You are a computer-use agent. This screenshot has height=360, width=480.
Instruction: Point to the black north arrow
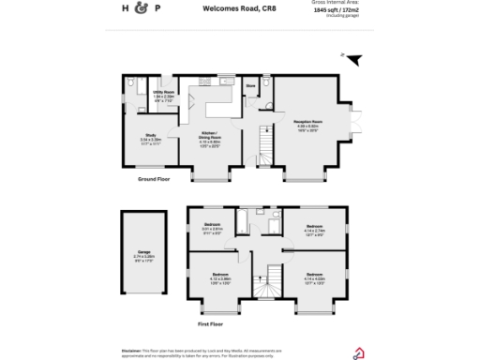coord(354,59)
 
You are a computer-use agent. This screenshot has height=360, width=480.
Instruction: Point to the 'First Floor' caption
coord(211,323)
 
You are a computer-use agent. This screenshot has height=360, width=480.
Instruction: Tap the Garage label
coord(142,255)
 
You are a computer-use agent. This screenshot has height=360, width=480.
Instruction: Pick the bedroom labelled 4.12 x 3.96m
coord(220,278)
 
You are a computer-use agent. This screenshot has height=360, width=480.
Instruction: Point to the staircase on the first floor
coord(275,277)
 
